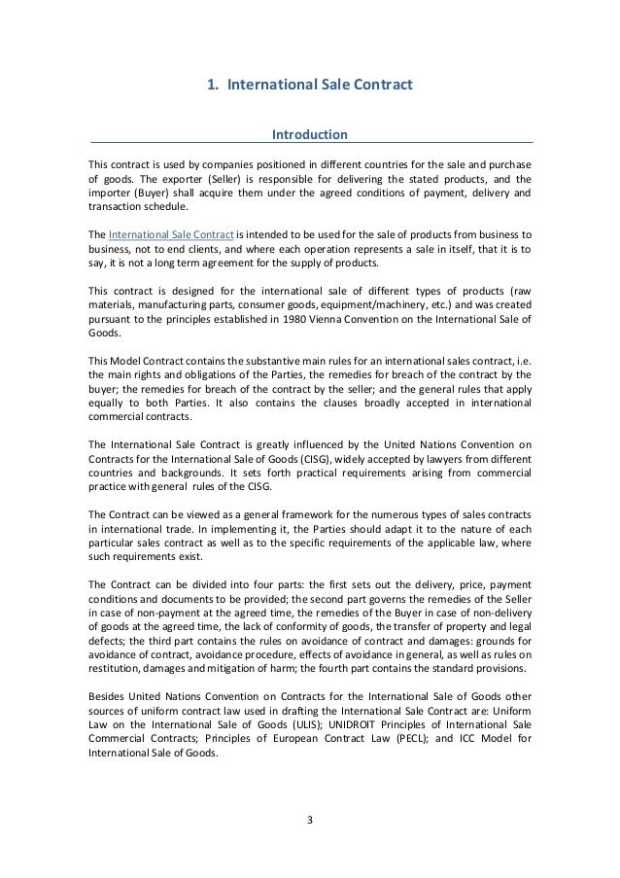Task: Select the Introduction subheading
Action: point(310,132)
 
